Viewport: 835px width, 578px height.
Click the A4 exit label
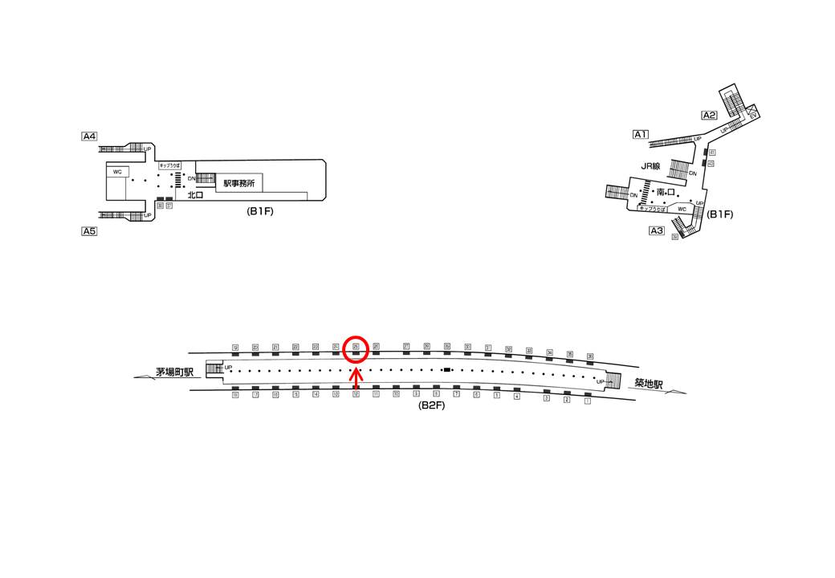(x=89, y=136)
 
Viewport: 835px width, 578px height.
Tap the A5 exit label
(x=89, y=231)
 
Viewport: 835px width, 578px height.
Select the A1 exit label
(x=641, y=134)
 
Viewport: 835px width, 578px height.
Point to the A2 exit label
(x=709, y=115)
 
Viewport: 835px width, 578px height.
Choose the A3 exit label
(x=657, y=231)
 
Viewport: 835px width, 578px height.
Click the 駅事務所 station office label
(x=239, y=184)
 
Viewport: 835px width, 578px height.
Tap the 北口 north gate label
(x=195, y=195)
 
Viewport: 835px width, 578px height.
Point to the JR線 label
(x=650, y=166)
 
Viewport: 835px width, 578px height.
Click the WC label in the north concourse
(x=117, y=172)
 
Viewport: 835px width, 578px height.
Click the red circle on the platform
(x=355, y=348)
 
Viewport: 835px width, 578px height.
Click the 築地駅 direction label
(x=646, y=385)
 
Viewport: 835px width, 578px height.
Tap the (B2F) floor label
(x=432, y=406)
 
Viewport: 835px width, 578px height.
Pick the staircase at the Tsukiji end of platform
(x=614, y=380)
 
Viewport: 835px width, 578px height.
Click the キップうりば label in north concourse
(x=170, y=164)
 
